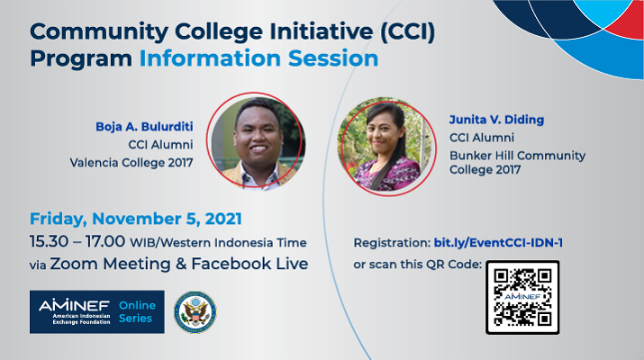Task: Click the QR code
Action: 522,297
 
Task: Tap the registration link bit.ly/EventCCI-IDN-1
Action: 498,243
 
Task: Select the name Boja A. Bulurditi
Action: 145,126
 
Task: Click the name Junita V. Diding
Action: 496,120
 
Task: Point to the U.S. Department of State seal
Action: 195,312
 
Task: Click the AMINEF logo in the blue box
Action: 75,311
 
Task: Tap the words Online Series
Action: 137,311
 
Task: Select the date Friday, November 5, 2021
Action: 136,219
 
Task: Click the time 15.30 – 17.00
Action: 77,241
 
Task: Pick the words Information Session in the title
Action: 259,58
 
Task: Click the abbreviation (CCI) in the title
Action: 407,31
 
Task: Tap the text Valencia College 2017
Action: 132,163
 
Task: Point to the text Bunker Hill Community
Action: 518,156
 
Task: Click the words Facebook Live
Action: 249,264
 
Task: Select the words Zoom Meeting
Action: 110,264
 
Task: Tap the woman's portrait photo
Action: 386,145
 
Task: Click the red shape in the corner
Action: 626,23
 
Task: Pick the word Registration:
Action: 392,243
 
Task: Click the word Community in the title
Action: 99,31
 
